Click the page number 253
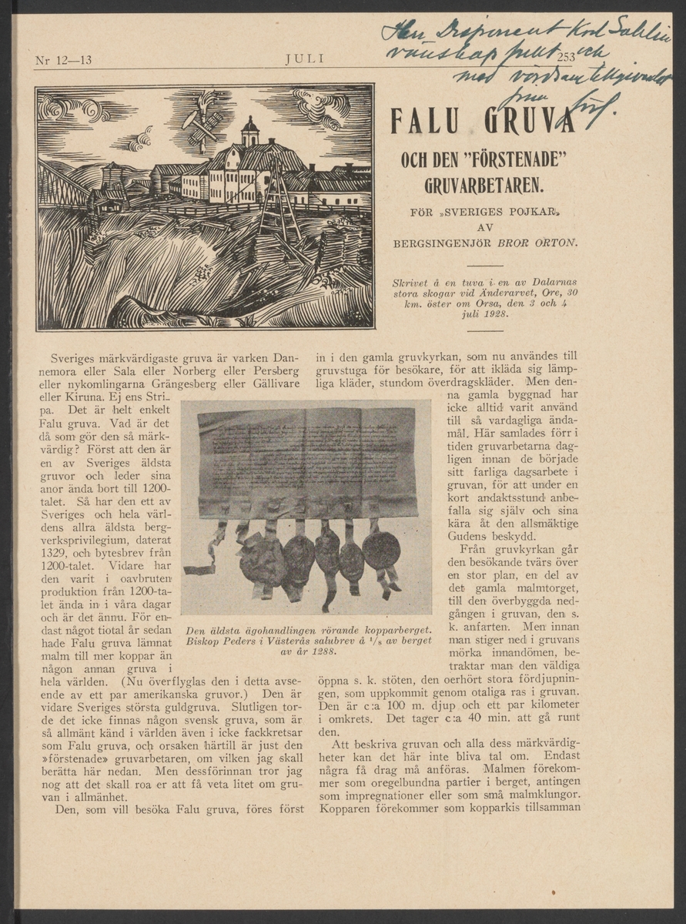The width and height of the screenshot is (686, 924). click(x=566, y=57)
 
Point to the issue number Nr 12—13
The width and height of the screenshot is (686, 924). click(x=64, y=60)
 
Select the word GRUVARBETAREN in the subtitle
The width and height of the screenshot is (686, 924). click(x=484, y=186)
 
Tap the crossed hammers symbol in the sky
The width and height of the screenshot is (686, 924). click(x=202, y=122)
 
